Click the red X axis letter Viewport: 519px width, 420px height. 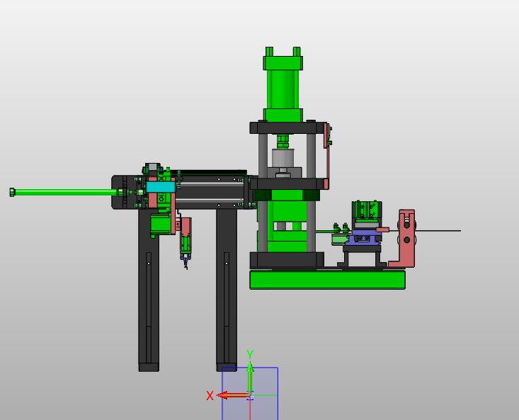[x=210, y=395]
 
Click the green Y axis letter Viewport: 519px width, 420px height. [x=250, y=354]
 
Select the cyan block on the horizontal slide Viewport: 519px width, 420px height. [x=161, y=187]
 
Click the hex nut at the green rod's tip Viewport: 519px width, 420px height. [x=12, y=192]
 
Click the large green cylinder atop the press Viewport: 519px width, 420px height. [x=283, y=84]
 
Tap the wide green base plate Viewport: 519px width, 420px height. [x=327, y=280]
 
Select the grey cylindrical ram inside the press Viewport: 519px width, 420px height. [x=283, y=158]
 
